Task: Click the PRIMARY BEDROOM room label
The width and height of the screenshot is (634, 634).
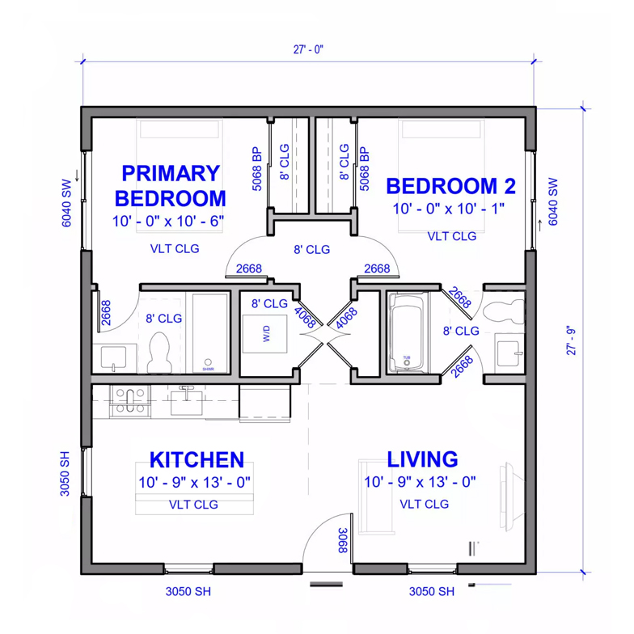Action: click(170, 185)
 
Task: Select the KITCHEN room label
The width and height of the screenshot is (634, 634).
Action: click(197, 460)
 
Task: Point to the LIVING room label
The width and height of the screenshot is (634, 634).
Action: click(422, 460)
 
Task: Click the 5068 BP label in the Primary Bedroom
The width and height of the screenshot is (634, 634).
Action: click(256, 167)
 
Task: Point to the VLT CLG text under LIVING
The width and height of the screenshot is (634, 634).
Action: click(424, 504)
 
